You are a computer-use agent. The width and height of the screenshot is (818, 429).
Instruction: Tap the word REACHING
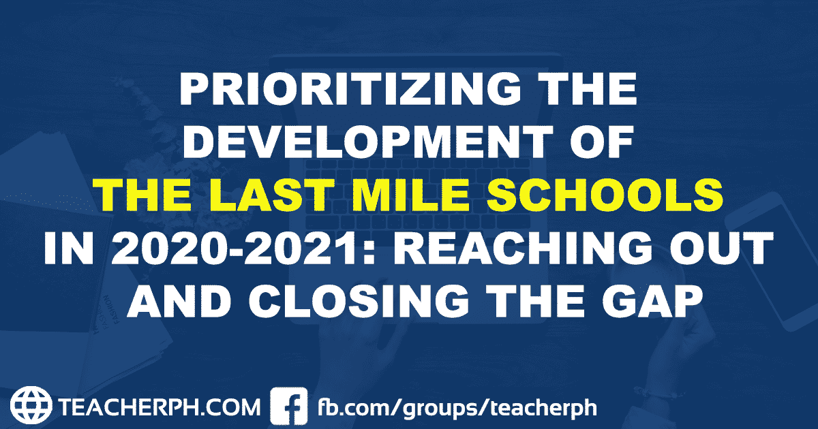(x=525, y=249)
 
